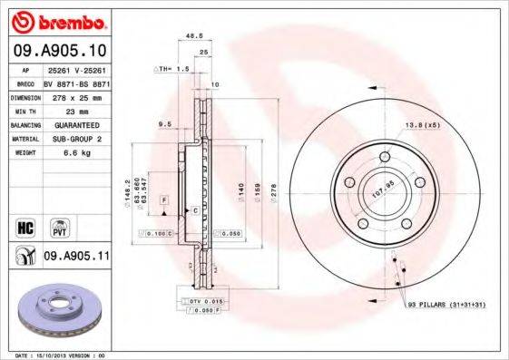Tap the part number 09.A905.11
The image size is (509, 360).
coord(76,258)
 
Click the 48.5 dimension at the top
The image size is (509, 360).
coord(193,36)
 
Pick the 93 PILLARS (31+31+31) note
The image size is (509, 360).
coord(446,305)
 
